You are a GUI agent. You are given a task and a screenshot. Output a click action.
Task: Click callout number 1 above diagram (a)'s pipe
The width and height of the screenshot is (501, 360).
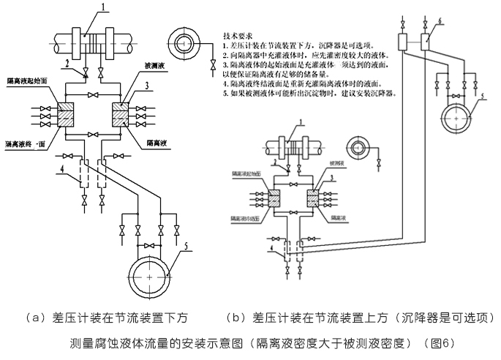104,8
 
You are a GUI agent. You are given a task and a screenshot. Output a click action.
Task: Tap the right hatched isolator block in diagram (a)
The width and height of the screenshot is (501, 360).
120,116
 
